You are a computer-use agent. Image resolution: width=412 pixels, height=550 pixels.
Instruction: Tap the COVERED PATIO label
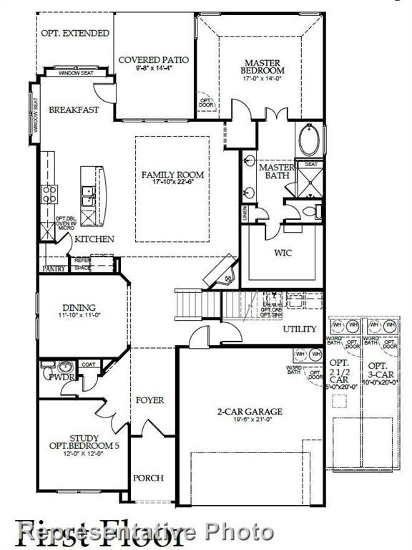point(153,60)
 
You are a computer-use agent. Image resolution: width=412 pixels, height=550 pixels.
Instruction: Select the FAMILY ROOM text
point(172,175)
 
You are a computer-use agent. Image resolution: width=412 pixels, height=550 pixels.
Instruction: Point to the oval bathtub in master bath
point(309,140)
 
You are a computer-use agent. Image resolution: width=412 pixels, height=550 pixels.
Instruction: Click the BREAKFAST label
point(74,110)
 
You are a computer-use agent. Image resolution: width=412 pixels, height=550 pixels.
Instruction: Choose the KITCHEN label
point(94,238)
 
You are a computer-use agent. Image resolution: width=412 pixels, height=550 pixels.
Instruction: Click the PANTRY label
point(54,269)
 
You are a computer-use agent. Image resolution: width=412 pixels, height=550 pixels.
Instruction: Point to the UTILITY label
point(299,329)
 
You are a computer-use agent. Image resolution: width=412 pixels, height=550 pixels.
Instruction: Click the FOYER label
point(149,400)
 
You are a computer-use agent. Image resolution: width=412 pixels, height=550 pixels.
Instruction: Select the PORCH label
point(149,478)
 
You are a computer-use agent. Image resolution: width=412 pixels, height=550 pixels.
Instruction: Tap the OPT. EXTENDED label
point(75,33)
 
